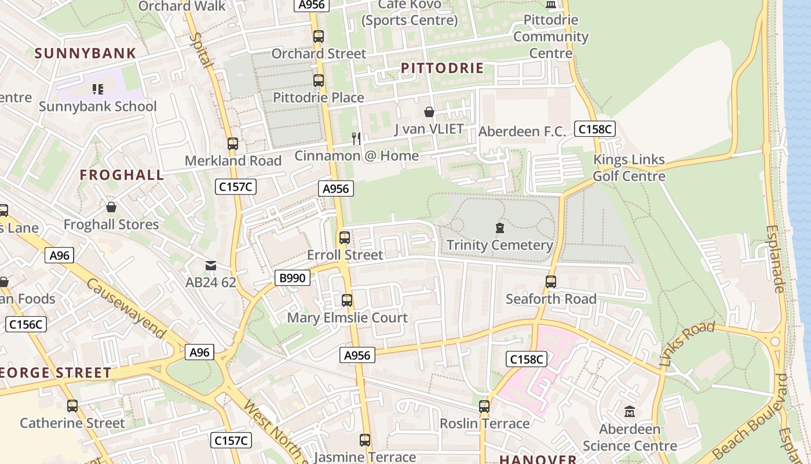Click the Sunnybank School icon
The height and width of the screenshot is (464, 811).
(x=97, y=89)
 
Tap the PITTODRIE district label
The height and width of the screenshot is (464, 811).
(x=442, y=68)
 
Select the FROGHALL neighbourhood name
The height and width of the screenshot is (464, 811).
(x=122, y=175)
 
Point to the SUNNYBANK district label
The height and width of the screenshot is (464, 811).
(x=85, y=53)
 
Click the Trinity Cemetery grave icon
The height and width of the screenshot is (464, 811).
(x=499, y=227)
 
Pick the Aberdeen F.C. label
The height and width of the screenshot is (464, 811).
(x=521, y=132)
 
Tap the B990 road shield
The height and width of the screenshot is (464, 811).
(x=292, y=278)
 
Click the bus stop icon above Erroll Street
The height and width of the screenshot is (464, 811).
(x=345, y=238)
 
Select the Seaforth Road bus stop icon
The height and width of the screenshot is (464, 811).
(x=550, y=282)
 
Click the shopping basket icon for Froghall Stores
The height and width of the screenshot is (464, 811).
(x=111, y=207)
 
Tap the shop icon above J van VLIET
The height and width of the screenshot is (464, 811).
(x=429, y=112)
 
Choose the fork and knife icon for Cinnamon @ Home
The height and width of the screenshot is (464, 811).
(x=356, y=138)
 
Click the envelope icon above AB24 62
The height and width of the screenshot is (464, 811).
(x=210, y=266)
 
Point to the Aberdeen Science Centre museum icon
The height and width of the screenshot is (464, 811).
(x=630, y=412)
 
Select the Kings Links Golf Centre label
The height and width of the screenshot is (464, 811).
(x=629, y=168)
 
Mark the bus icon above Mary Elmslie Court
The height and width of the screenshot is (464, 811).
(x=347, y=300)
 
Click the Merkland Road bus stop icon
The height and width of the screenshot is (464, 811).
(x=233, y=144)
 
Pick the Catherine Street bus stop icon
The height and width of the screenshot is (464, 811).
(x=72, y=406)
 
